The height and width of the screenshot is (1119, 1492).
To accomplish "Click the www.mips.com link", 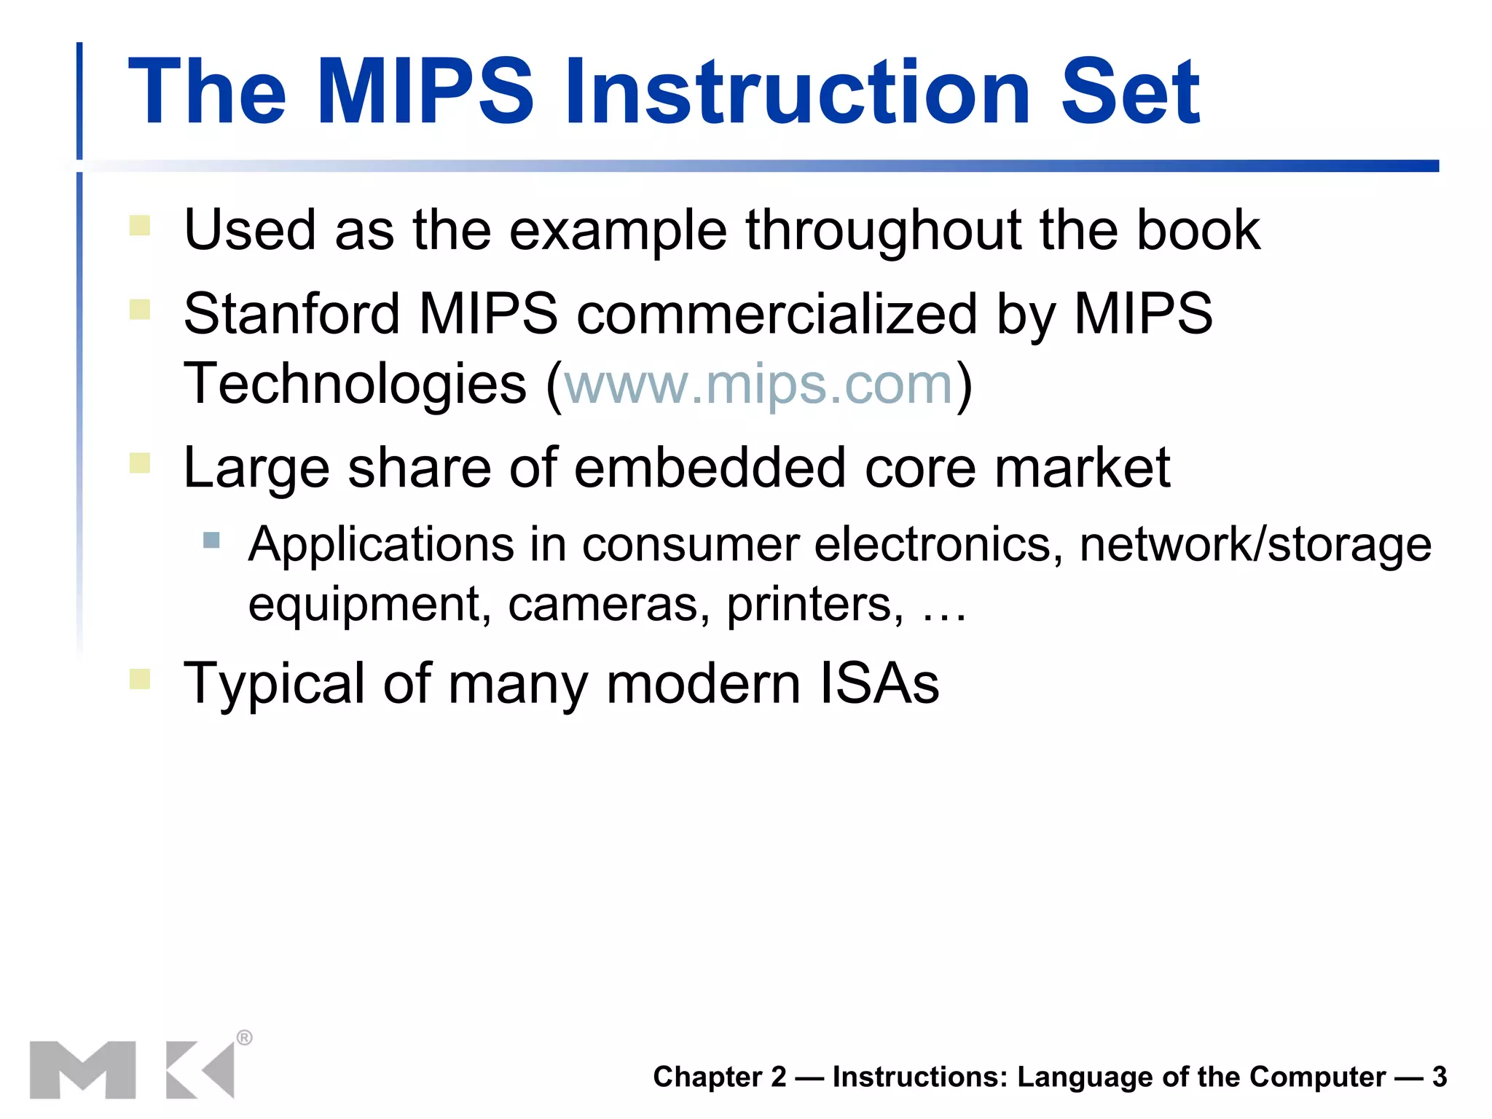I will click(758, 384).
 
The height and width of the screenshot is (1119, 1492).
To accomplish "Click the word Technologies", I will click(355, 384).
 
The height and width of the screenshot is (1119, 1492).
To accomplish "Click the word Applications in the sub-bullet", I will click(381, 545).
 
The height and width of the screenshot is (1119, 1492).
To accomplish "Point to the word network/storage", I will click(1255, 545).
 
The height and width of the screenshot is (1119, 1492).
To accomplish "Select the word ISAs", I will click(879, 683).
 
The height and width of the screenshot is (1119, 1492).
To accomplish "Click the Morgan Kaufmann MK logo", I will click(132, 1069).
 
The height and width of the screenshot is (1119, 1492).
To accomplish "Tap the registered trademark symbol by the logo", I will click(245, 1037).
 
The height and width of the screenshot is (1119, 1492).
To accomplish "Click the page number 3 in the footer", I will click(1440, 1077).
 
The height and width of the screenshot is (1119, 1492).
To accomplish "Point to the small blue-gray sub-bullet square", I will click(211, 540).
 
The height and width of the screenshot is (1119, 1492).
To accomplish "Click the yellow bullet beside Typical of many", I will click(140, 679).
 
